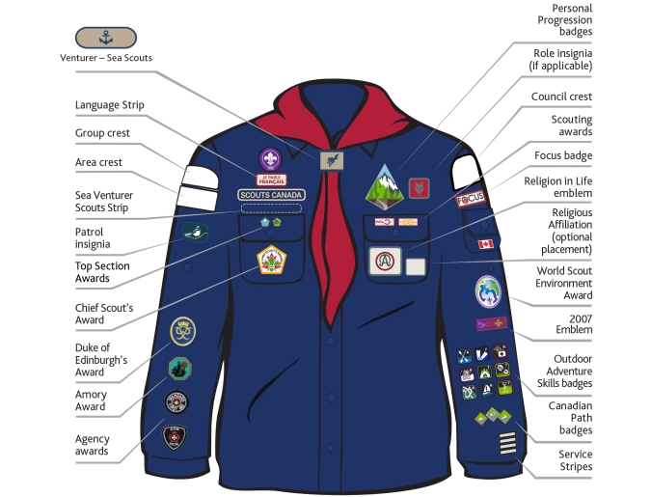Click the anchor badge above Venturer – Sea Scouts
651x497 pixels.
click(105, 38)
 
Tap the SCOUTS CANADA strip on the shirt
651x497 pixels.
click(271, 194)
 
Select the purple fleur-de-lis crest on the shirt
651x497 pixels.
click(271, 160)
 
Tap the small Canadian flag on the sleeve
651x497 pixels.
click(485, 244)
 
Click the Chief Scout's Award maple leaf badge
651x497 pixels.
click(272, 260)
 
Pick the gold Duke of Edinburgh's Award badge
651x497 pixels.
click(182, 331)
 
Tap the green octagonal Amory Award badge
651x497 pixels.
click(180, 368)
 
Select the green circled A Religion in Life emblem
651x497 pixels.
click(383, 261)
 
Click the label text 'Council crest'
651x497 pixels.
click(561, 97)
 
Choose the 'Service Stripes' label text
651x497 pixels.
click(575, 460)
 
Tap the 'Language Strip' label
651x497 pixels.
click(108, 104)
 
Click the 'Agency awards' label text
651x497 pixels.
click(93, 444)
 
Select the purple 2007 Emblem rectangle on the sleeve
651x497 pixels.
click(492, 324)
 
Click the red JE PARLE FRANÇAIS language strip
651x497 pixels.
click(271, 179)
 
